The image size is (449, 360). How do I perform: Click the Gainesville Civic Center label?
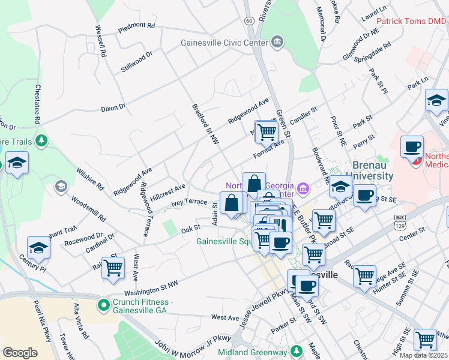224,43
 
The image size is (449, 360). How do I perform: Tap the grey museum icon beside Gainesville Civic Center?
276,41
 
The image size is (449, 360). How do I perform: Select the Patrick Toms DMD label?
411,21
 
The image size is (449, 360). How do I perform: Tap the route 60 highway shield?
249,20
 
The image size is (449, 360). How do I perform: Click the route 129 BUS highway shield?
400,220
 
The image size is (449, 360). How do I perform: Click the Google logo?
20,352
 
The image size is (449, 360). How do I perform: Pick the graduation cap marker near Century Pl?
38,247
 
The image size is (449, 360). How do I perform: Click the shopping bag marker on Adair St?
232,203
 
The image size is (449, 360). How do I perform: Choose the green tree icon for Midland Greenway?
294,349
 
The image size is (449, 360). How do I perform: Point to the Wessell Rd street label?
100,41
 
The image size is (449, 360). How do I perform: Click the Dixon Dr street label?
113,108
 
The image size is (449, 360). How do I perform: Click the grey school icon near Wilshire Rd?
60,187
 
